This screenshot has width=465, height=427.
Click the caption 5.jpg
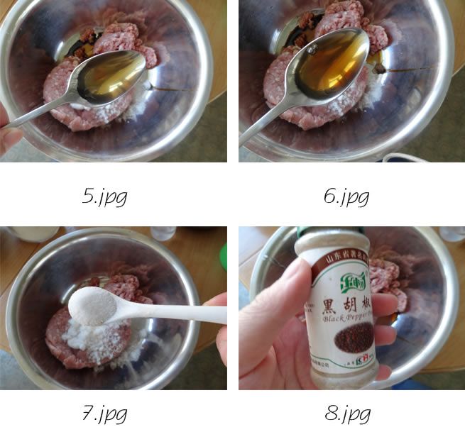click(104, 196)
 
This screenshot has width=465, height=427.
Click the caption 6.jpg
click(346, 196)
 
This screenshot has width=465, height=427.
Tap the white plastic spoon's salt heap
click(93, 306)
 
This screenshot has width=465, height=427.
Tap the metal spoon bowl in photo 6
click(332, 64)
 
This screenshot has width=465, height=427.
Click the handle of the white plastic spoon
click(185, 313)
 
